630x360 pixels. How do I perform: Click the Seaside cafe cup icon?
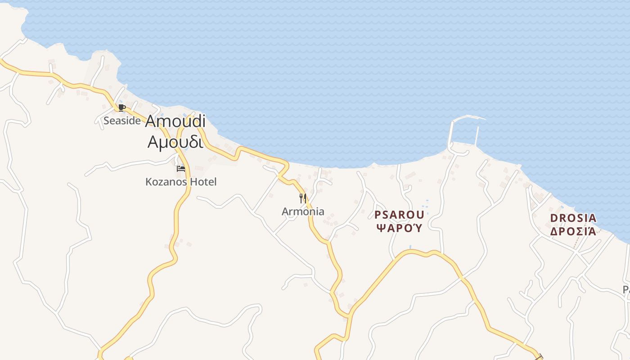[x=121, y=108]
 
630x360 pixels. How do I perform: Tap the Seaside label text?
[x=122, y=121]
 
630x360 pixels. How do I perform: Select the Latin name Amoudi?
[x=175, y=121]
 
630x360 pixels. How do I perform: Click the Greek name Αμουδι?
[x=175, y=141]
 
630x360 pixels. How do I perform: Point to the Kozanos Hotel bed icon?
[x=181, y=169]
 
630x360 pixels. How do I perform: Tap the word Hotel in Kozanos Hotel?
[x=202, y=182]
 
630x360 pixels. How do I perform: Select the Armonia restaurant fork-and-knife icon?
[x=303, y=198]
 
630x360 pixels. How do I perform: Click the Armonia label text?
[x=303, y=211]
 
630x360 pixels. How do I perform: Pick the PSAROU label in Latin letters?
[x=399, y=214]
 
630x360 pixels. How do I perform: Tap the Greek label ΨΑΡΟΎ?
[x=399, y=228]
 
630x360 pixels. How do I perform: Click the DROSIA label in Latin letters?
[x=573, y=218]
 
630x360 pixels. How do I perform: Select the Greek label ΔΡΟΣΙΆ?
[x=573, y=231]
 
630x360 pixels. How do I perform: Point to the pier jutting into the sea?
[x=450, y=133]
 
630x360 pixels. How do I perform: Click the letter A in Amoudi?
[x=151, y=121]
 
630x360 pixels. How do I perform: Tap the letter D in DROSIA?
[x=554, y=218]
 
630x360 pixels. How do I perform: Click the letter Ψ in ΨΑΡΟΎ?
[x=380, y=228]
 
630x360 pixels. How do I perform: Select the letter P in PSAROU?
[x=378, y=214]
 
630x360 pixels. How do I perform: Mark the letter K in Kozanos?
[x=148, y=182]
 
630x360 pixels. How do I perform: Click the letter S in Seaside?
[x=107, y=121]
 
